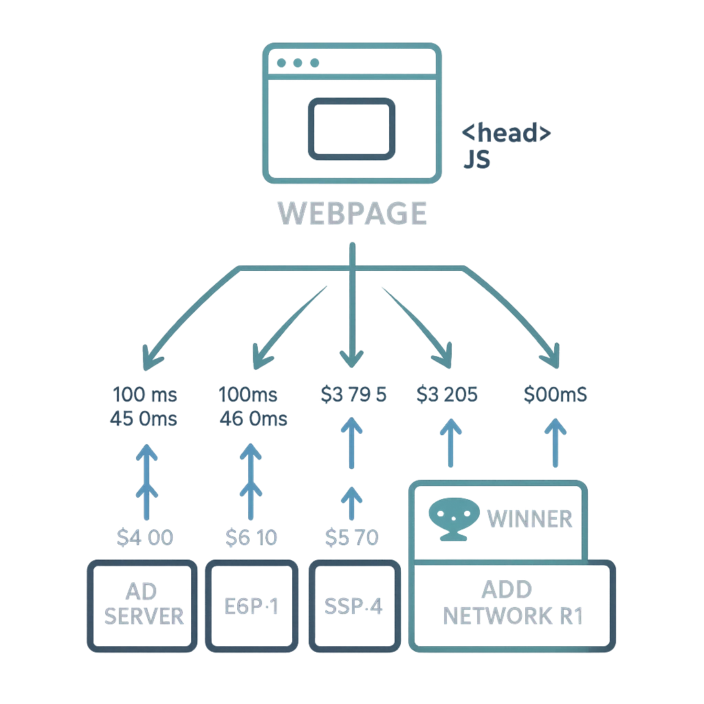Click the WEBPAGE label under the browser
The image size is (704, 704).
(x=353, y=212)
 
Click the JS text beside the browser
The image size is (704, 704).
(x=476, y=159)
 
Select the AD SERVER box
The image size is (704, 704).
(x=140, y=604)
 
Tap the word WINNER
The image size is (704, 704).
(x=530, y=518)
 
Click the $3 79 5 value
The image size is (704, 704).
(x=353, y=395)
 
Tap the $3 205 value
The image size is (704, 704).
(x=448, y=395)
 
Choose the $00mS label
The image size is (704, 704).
(x=555, y=395)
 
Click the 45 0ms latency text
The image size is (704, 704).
(x=144, y=418)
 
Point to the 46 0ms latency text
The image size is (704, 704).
(x=252, y=418)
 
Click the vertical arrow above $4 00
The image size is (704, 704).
(x=145, y=481)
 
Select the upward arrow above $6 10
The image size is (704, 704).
(x=252, y=481)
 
